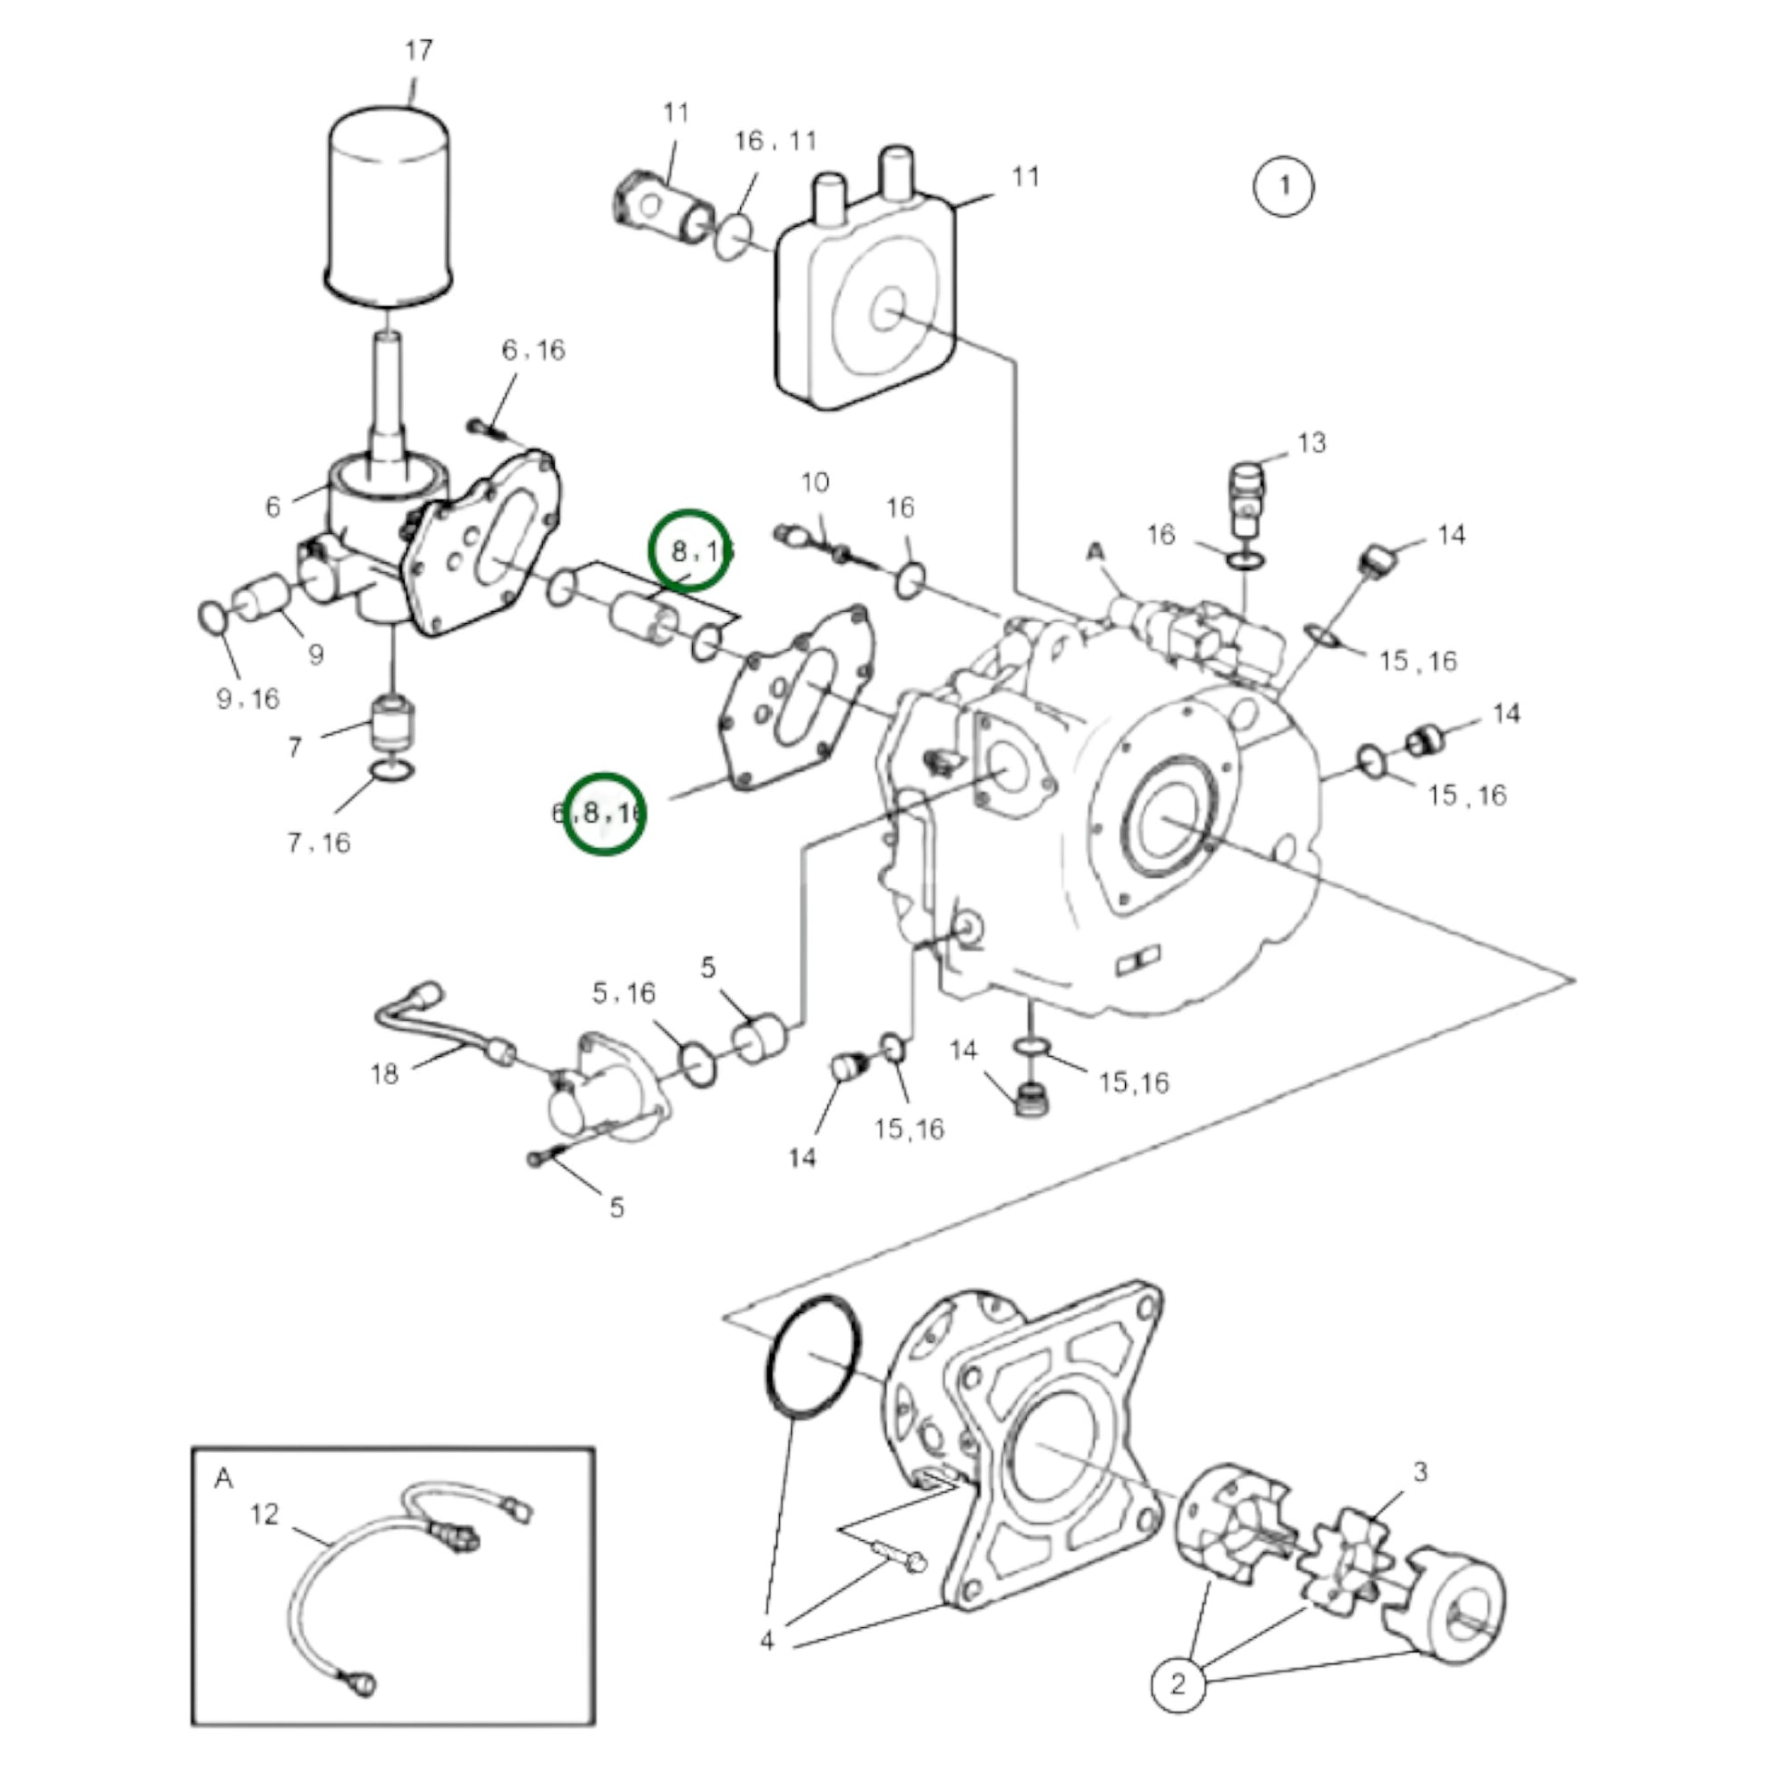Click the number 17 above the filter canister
pyautogui.click(x=418, y=50)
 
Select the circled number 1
pyautogui.click(x=1283, y=186)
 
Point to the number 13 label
pyautogui.click(x=1310, y=444)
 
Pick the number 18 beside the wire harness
pyautogui.click(x=384, y=1074)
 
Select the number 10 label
pyautogui.click(x=814, y=482)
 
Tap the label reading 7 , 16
pyautogui.click(x=320, y=844)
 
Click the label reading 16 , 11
pyautogui.click(x=775, y=141)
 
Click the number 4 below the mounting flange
pyautogui.click(x=766, y=1666)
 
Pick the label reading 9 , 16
pyautogui.click(x=248, y=700)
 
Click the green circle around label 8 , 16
pyautogui.click(x=689, y=550)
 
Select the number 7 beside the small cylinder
pyautogui.click(x=294, y=748)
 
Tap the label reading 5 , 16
pyautogui.click(x=624, y=992)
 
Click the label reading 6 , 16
pyautogui.click(x=533, y=350)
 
